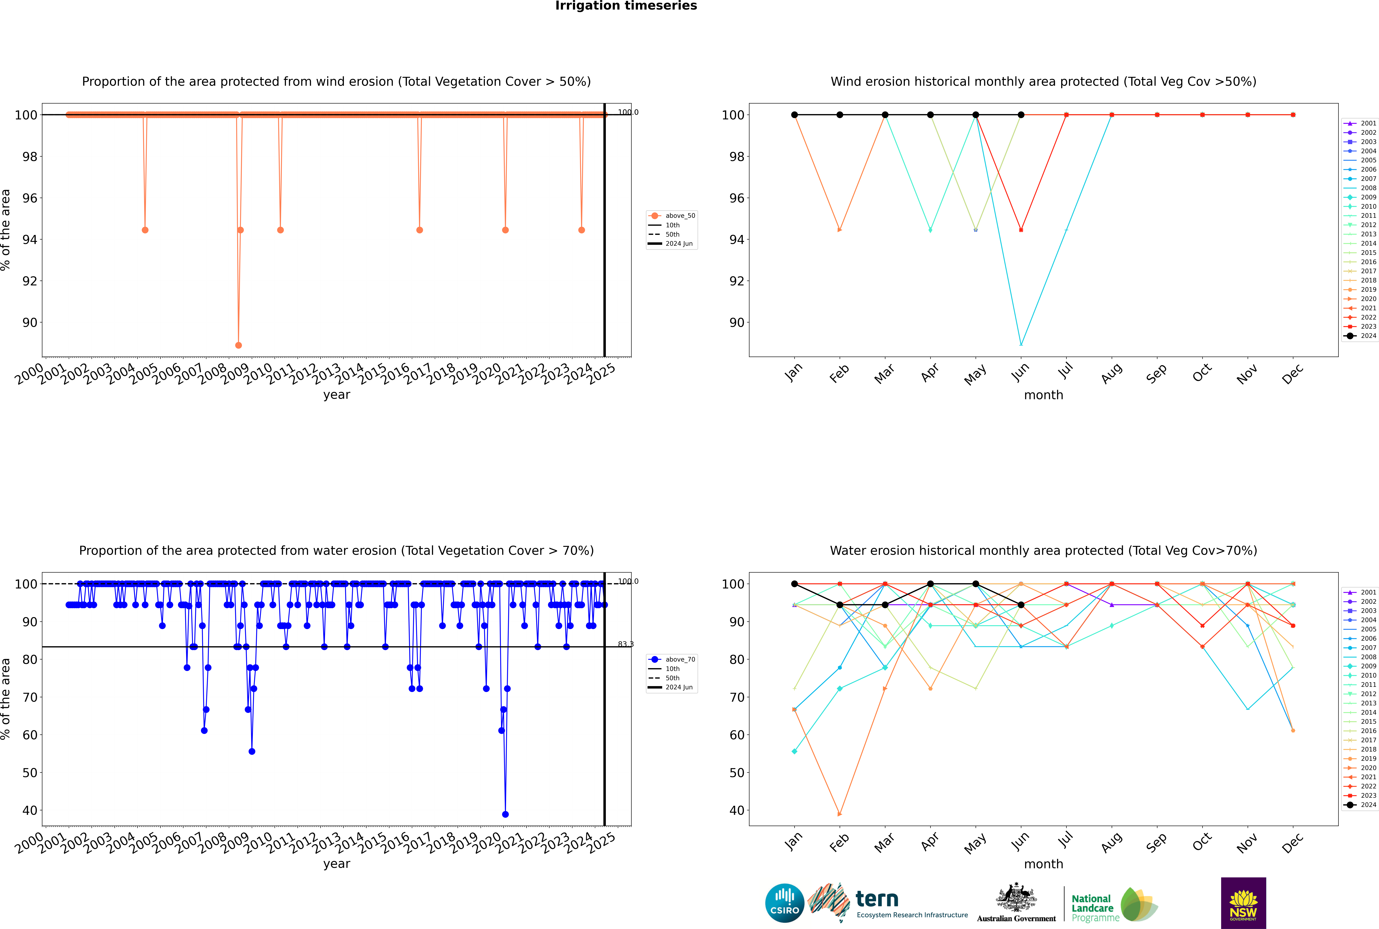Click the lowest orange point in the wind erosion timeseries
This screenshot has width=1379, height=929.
coord(238,345)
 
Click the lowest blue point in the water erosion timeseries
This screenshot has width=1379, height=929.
coord(505,814)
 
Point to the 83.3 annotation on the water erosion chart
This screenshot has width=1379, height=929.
coord(625,644)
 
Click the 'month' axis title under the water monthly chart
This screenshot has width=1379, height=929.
coord(1043,864)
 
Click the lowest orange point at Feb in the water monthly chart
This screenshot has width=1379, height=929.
coord(839,814)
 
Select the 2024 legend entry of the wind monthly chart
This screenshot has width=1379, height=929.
coord(1364,336)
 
